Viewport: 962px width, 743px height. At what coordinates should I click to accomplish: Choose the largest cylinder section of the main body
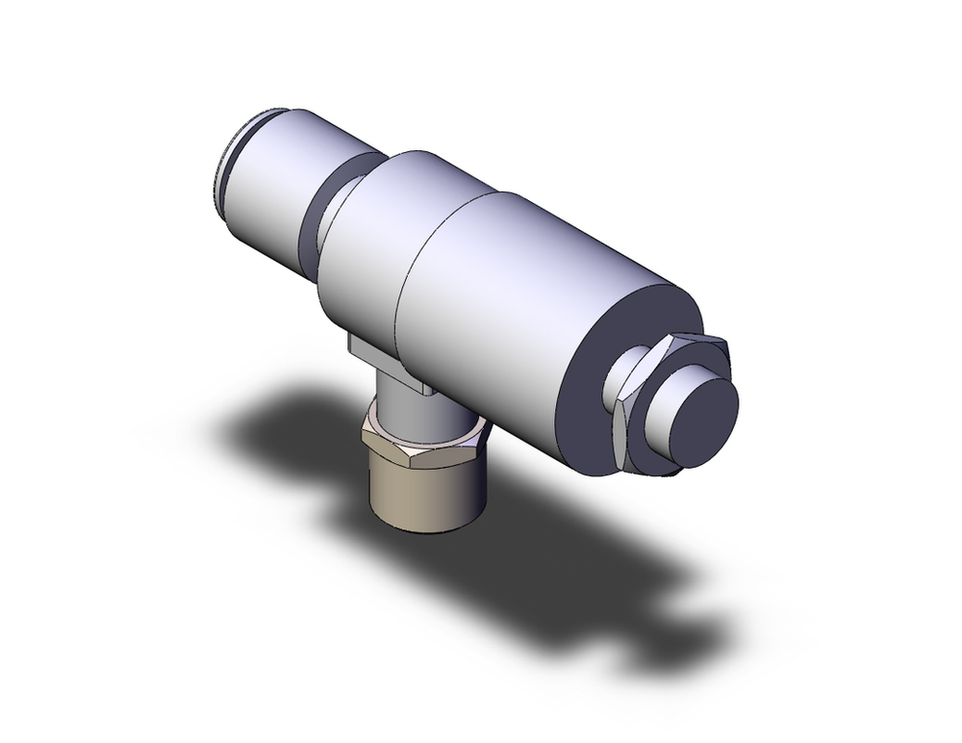point(519,289)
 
